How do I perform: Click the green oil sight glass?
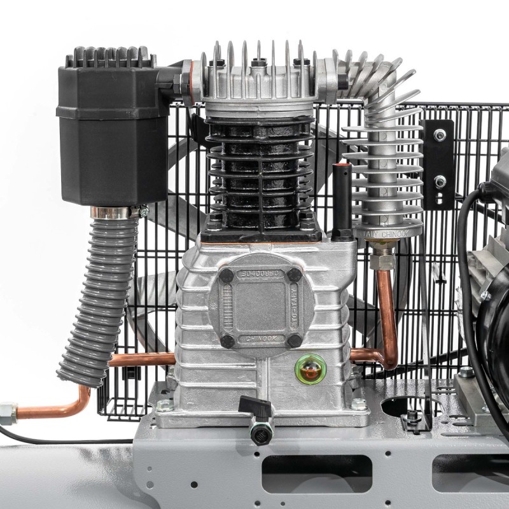point(310,367)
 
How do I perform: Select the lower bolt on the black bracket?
point(439,181)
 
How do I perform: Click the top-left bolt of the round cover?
point(226,275)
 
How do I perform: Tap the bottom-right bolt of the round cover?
point(294,340)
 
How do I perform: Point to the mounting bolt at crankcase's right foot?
point(358,404)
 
